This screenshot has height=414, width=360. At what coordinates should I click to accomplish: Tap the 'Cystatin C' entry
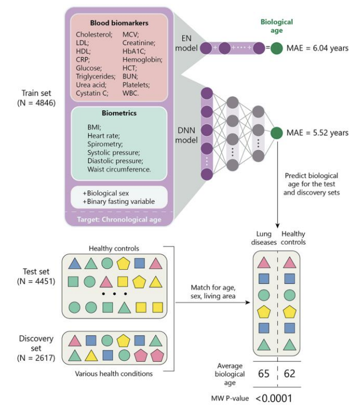[x=92, y=93]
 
